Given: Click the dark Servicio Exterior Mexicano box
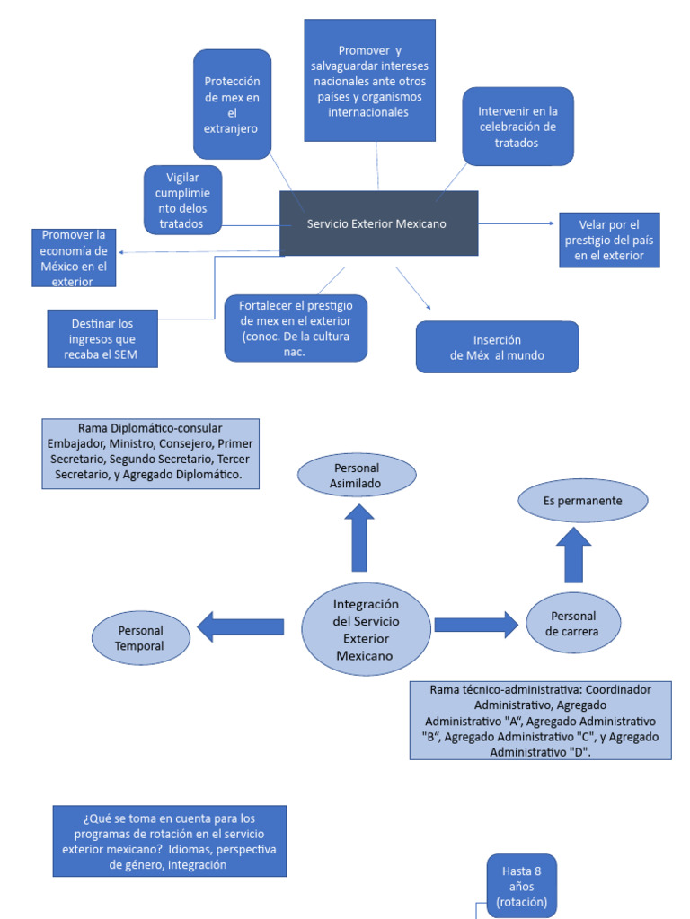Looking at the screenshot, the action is (x=379, y=223).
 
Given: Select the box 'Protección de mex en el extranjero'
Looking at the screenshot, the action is (x=233, y=104).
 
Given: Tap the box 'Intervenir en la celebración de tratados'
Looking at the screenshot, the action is (x=517, y=127).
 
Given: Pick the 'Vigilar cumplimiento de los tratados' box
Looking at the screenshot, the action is (x=182, y=200).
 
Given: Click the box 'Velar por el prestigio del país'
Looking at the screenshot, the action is (x=609, y=241).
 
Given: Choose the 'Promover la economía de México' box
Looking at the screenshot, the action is (x=74, y=258).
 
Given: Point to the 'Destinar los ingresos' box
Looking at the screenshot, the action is (x=102, y=338).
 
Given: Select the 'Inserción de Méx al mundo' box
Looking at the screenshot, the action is (x=497, y=347).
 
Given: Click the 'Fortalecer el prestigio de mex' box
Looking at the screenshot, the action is (x=296, y=328).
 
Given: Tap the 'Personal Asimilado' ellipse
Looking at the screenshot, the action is (x=357, y=476).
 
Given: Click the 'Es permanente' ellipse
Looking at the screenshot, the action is (x=582, y=501).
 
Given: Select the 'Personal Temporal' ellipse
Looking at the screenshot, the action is (x=141, y=638).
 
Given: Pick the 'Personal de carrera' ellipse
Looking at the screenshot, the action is (x=573, y=623).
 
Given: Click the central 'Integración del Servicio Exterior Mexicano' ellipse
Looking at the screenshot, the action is (x=367, y=629).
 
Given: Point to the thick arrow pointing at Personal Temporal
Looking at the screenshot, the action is (x=241, y=626).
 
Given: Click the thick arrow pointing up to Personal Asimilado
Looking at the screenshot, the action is (x=359, y=538).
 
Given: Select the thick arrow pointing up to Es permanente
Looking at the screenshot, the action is (x=573, y=555).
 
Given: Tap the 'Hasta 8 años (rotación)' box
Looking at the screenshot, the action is (x=522, y=886).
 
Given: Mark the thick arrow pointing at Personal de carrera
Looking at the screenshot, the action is (x=476, y=625).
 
